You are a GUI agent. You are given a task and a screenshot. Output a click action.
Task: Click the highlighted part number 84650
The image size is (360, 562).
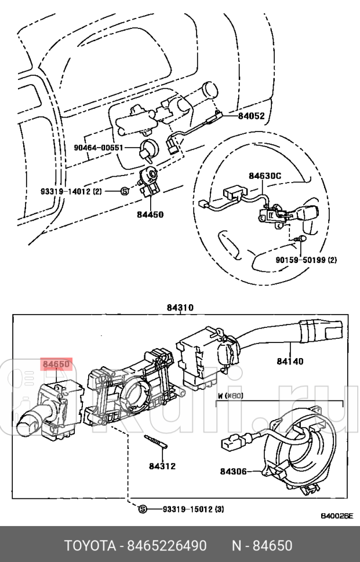tap(56, 364)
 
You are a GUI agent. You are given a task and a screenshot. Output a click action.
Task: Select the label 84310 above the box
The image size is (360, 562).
tap(180, 308)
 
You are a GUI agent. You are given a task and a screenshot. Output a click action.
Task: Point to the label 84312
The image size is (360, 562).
tap(162, 465)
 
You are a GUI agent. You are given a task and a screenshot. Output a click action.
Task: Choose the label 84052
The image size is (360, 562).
tap(251, 116)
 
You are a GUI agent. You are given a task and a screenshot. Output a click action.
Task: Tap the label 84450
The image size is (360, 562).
tap(150, 214)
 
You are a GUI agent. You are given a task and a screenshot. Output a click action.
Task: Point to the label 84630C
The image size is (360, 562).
tap(265, 175)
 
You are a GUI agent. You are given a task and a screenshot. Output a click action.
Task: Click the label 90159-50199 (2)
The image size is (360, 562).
tap(306, 260)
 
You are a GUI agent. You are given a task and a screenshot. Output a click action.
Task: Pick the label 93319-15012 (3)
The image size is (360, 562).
tap(192, 509)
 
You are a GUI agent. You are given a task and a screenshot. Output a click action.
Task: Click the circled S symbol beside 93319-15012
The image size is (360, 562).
tap(143, 509)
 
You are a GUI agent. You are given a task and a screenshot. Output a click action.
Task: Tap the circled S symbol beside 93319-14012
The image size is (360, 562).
tap(124, 191)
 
